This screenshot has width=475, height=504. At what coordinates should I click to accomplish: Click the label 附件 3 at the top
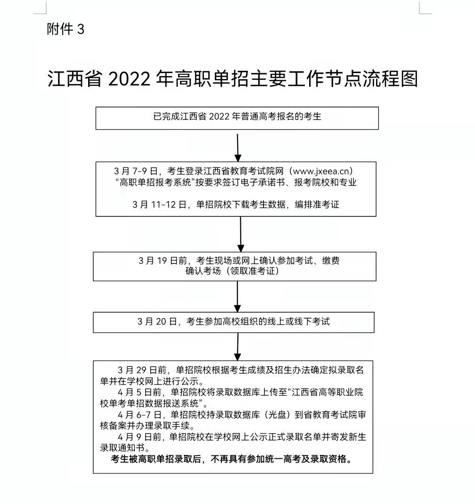point(66,29)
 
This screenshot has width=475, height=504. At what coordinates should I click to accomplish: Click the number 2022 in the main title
point(129,79)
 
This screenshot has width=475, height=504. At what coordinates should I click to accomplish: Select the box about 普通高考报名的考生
point(237,118)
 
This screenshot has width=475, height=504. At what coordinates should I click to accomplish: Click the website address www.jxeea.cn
point(321,171)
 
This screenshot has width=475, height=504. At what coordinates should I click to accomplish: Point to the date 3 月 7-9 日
point(136,171)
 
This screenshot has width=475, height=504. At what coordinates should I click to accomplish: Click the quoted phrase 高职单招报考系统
point(156,182)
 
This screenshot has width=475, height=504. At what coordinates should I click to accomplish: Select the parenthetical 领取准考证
point(253,271)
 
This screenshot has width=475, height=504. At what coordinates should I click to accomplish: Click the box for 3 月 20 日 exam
point(233,322)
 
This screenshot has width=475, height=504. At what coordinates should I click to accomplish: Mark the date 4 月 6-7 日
point(139,414)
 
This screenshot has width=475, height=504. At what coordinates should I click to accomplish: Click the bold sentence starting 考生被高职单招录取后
point(231,459)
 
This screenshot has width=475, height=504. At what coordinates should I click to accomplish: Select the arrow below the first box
point(237,148)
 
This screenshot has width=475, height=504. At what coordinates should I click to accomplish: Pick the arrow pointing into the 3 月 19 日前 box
point(240,234)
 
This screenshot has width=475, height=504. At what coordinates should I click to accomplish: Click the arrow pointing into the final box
point(237,347)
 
